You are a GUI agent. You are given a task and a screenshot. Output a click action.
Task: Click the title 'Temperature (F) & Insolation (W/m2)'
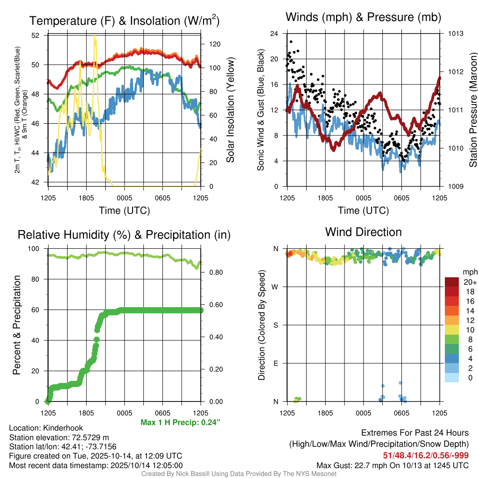click(124, 21)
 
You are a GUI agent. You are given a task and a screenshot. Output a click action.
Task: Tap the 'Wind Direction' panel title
click(363, 232)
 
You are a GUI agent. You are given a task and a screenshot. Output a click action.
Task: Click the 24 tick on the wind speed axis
click(274, 34)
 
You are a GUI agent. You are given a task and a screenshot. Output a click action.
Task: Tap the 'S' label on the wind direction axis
click(275, 325)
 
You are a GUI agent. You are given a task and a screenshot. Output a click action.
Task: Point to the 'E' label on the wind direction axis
click(275, 363)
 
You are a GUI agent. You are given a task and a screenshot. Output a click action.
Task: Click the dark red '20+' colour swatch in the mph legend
click(452, 282)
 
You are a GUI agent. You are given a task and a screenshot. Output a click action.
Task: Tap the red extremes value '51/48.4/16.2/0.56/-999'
click(426, 455)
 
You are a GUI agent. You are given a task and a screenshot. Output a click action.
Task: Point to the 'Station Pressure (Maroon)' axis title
click(473, 110)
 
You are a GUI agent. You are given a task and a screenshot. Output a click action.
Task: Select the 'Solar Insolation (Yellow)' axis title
click(230, 110)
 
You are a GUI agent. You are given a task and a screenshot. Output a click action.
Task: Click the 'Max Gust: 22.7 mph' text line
click(392, 465)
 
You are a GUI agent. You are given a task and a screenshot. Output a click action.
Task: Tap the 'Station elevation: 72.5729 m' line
click(59, 437)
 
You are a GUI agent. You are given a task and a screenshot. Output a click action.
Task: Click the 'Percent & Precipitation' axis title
click(17, 325)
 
